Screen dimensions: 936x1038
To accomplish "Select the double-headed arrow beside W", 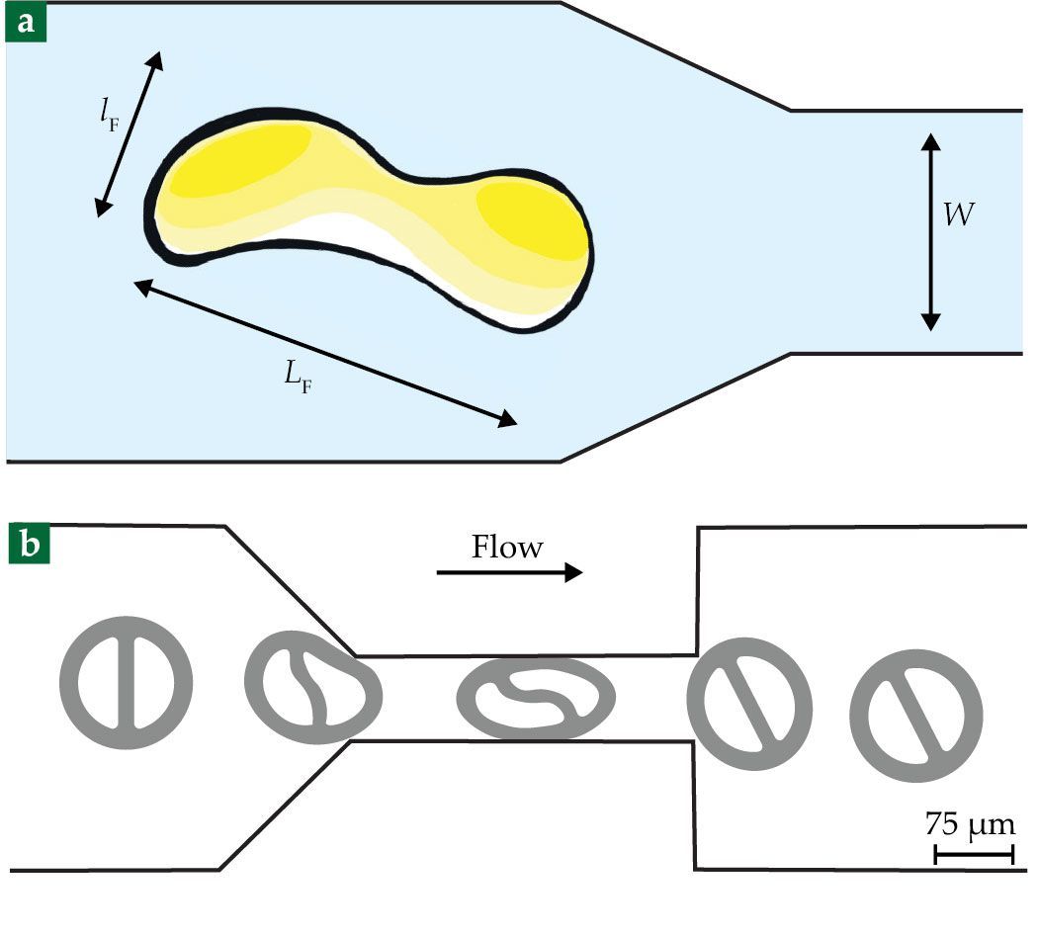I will pos(929,232).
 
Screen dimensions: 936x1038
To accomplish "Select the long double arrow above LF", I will pos(324,353).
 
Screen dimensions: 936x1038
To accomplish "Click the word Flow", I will pos(507,547).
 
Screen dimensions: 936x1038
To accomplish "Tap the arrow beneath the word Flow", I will pos(509,572).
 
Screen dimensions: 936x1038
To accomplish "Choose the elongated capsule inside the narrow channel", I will pos(534,698).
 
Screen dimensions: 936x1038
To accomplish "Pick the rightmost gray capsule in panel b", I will pos(916,717).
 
